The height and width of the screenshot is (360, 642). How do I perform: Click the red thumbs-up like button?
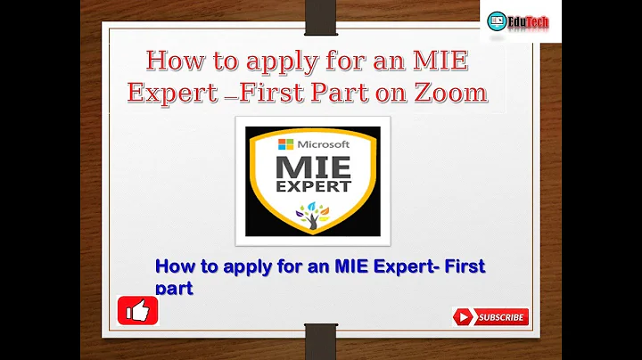pos(138,310)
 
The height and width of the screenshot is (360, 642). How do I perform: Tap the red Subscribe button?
pos(490,316)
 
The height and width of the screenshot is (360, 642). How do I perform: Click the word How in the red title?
pos(174,62)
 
